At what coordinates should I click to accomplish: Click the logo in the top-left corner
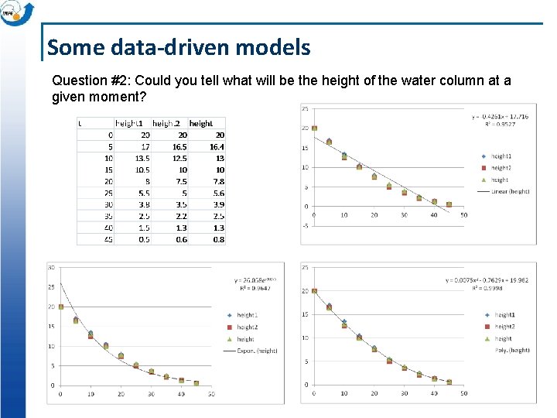pos(17,14)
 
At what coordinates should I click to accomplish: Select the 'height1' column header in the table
pos(129,123)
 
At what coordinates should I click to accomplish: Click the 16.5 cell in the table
pos(179,146)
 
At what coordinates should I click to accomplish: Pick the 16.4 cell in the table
pos(217,146)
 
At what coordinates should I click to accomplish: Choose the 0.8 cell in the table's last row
pos(219,239)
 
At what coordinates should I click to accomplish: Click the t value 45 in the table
pos(108,239)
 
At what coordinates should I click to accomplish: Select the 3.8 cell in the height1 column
pos(144,204)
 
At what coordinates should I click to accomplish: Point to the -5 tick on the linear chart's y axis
pos(306,226)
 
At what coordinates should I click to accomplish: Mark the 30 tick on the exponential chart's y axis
pos(52,267)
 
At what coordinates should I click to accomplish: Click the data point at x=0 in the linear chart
pos(314,128)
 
